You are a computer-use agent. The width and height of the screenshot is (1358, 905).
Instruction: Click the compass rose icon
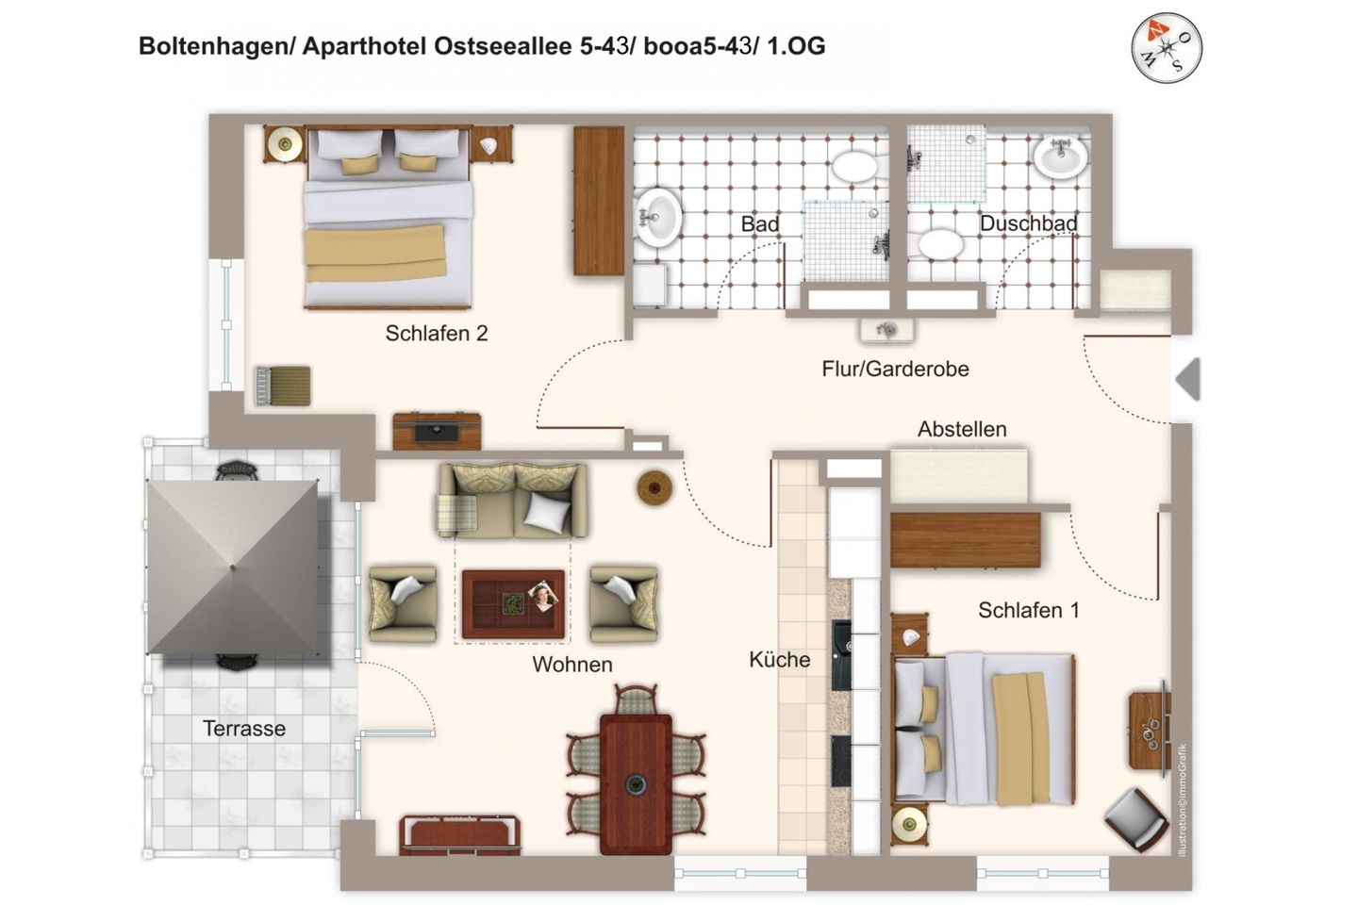click(1167, 47)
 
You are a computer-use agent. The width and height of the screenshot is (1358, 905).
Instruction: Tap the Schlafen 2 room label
click(436, 333)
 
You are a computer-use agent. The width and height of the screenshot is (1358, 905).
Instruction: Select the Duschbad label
click(1028, 223)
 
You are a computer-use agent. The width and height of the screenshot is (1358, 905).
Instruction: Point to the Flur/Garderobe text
click(895, 369)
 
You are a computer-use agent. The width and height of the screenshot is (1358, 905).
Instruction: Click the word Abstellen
click(962, 429)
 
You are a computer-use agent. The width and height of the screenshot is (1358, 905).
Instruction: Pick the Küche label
click(779, 660)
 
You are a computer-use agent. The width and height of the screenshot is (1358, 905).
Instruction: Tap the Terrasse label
click(244, 729)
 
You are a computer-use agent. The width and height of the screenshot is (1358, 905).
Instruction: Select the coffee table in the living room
click(513, 604)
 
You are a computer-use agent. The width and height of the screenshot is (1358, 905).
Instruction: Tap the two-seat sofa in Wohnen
click(512, 501)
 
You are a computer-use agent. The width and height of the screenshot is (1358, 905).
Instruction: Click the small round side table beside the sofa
click(654, 487)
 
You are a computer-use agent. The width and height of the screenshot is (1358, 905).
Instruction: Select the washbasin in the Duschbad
click(1060, 157)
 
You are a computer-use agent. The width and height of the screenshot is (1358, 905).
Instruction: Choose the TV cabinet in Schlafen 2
click(437, 431)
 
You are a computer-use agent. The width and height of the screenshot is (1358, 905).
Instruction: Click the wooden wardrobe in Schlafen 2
click(598, 201)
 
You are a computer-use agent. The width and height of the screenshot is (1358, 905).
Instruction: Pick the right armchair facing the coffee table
click(622, 603)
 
